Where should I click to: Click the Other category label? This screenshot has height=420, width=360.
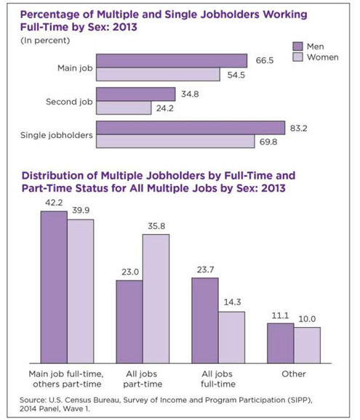[x=295, y=373]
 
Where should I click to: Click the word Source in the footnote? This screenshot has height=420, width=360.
[x=38, y=399]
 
